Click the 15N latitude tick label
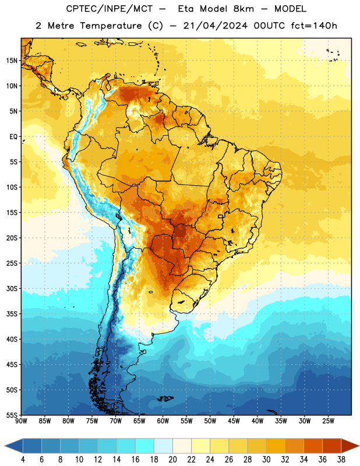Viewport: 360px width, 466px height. [x=12, y=61]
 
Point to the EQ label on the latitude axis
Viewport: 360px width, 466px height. [x=13, y=137]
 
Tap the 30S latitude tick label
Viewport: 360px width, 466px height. [x=12, y=289]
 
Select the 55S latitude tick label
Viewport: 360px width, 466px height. [x=12, y=415]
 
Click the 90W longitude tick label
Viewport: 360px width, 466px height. [x=21, y=421]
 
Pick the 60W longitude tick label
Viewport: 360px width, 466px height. [x=163, y=421]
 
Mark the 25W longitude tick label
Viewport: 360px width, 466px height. [x=328, y=421]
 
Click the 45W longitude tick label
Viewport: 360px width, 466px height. [x=234, y=421]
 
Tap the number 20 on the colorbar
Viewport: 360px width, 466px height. [x=172, y=460]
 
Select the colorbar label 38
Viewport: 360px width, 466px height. [x=341, y=460]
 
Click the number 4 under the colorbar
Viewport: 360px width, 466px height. [x=23, y=460]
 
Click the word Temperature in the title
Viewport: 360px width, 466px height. [x=111, y=26]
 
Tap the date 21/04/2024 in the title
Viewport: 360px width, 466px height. [x=216, y=26]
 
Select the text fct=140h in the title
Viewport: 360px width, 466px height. [x=314, y=26]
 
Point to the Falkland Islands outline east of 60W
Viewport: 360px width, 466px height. [x=165, y=398]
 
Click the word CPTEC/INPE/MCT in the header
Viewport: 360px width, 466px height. [x=110, y=9]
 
